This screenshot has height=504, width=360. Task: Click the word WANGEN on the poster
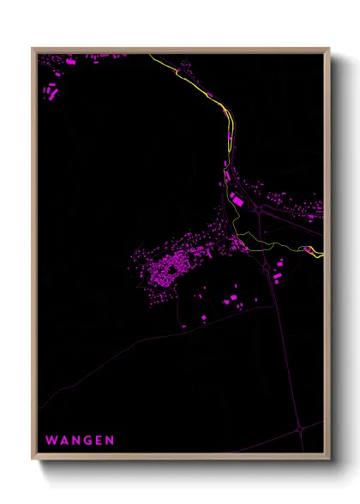pos(80,441)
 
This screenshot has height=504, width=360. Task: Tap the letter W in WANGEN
pos(51,441)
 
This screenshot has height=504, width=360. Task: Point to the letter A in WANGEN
pos(63,441)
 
